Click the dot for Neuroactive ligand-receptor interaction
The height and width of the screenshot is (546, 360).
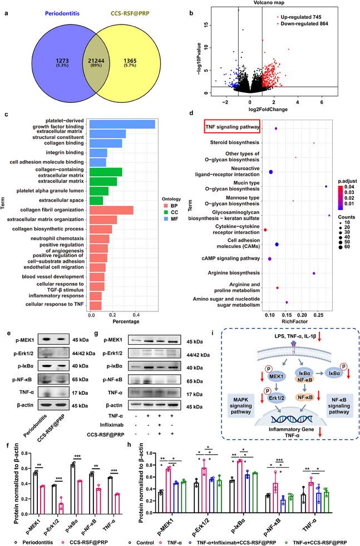pos(270,172)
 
